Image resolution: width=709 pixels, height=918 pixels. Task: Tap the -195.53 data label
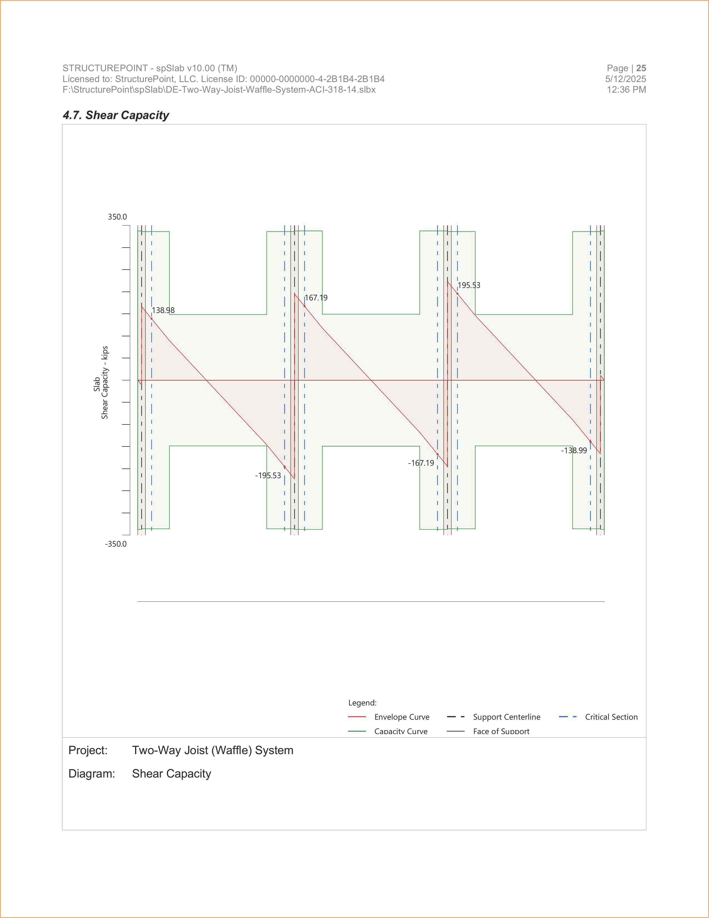pos(268,475)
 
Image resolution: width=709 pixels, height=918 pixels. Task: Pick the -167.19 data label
pos(421,463)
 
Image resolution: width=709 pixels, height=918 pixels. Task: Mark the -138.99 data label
pos(574,450)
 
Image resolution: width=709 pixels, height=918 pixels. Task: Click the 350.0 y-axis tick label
pos(117,217)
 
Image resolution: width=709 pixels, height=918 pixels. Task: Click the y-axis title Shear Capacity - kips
pos(105,382)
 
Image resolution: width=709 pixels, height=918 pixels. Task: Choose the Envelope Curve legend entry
pos(402,717)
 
